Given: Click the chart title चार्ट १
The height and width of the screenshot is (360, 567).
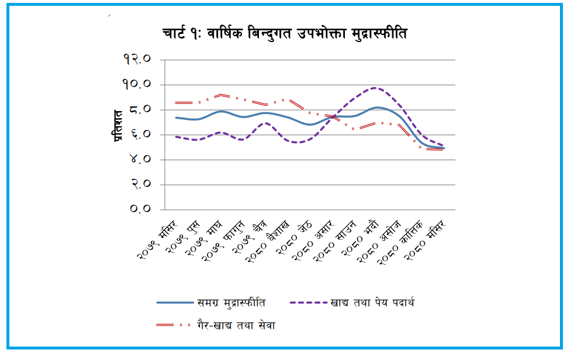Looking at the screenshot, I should point(285,34).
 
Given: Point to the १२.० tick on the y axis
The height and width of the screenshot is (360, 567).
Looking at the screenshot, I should point(137,59).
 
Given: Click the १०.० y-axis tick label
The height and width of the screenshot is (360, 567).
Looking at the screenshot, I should point(137,84).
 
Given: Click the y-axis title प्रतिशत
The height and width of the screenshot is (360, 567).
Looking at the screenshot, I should point(117,125).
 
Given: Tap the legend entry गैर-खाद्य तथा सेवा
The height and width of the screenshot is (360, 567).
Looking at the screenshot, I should point(234,325).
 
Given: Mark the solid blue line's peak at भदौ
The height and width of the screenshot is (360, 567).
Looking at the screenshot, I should point(378,108).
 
